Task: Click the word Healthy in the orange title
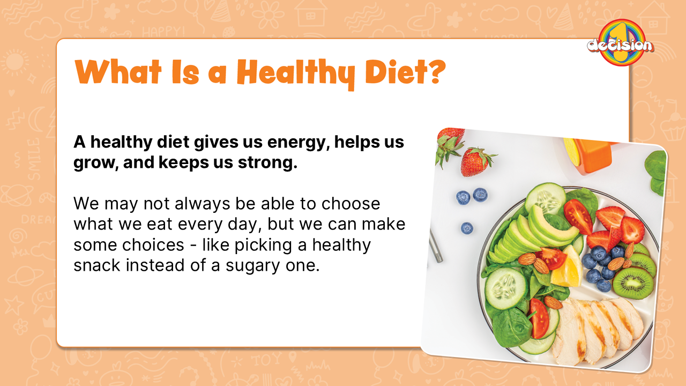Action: click(296, 73)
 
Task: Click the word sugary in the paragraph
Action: click(252, 266)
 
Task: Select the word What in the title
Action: click(118, 72)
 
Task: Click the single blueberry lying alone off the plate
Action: click(467, 228)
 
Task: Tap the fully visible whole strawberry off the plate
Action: click(476, 162)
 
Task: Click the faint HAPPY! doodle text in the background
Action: click(163, 31)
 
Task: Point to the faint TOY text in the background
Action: click(266, 359)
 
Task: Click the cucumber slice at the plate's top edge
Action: click(546, 198)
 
